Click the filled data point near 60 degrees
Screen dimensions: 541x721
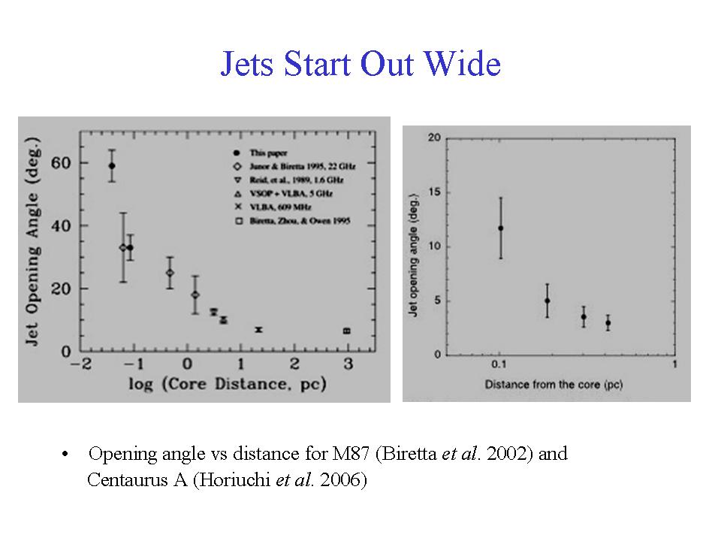click(112, 166)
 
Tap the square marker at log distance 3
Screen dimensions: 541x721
click(347, 331)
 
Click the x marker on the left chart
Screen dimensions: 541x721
click(258, 330)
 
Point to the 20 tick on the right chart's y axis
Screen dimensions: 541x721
click(434, 138)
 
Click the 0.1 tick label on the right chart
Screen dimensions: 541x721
click(499, 365)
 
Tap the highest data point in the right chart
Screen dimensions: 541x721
click(500, 228)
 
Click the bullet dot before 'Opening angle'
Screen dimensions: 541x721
click(67, 455)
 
